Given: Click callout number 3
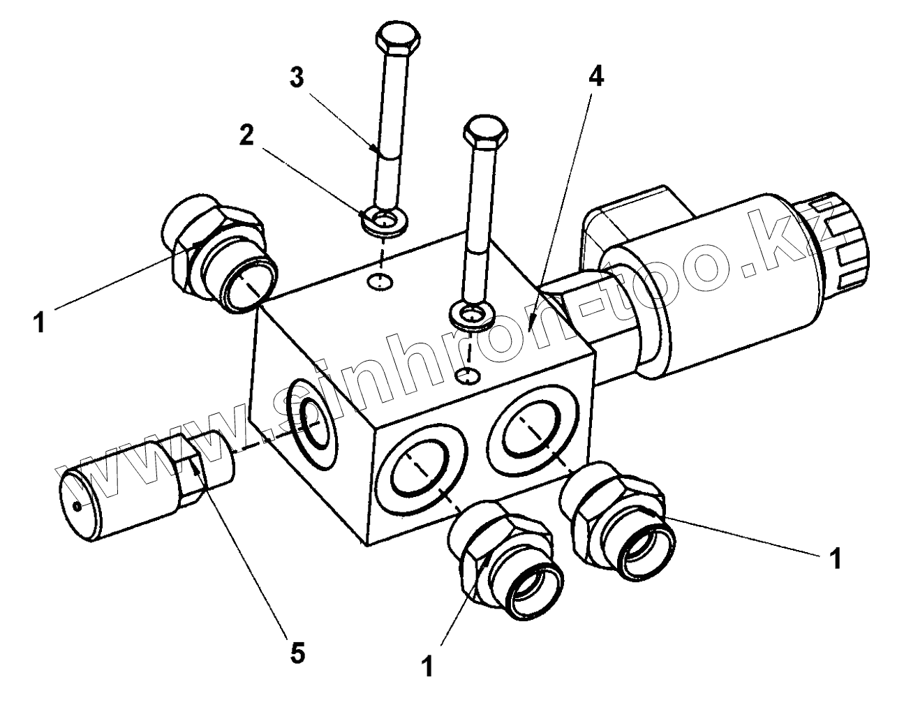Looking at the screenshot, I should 297,78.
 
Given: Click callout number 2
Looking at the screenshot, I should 246,135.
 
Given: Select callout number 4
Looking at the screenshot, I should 595,76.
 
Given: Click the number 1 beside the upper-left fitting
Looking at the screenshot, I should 40,322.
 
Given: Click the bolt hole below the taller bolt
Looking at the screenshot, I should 380,282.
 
